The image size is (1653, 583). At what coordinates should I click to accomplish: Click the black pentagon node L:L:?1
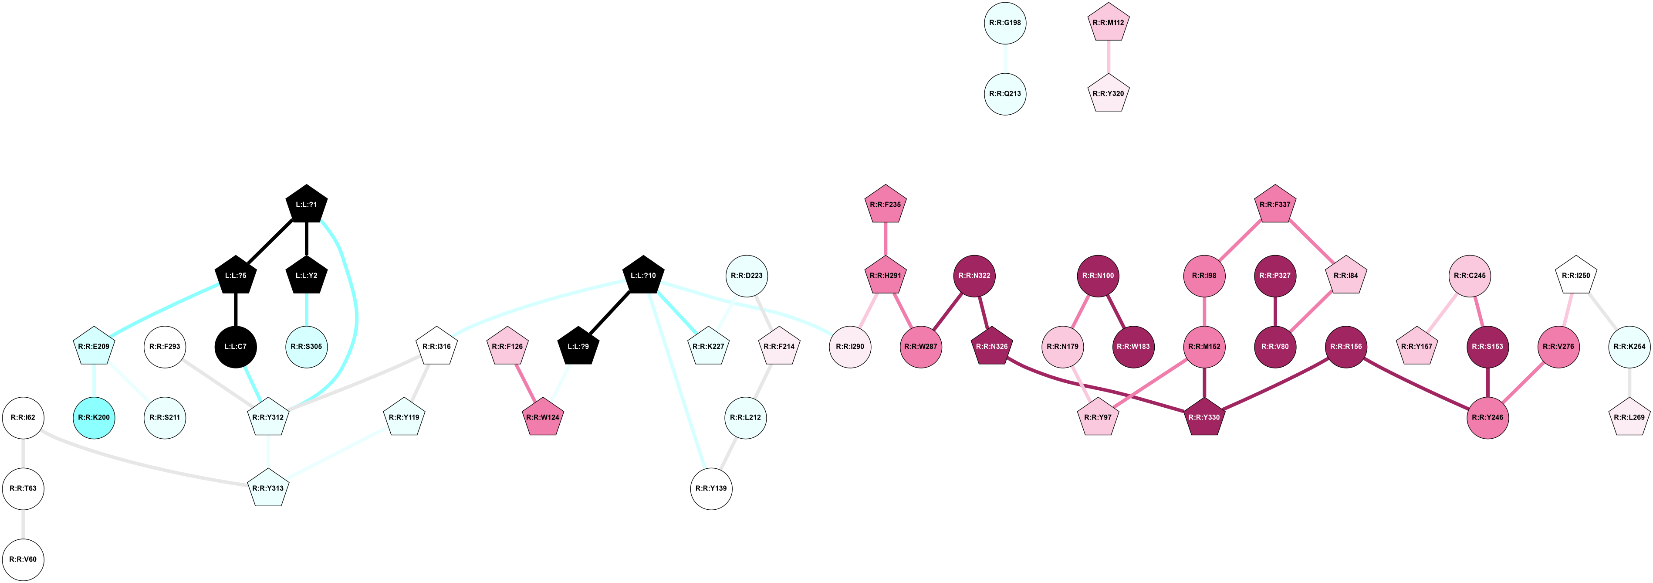[307, 205]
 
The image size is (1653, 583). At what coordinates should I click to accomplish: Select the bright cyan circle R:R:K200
[95, 417]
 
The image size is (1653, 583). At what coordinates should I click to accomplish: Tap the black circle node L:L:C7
[236, 347]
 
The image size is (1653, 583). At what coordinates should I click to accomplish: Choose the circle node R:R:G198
[1005, 23]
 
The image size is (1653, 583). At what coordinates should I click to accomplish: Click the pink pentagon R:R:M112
[1109, 23]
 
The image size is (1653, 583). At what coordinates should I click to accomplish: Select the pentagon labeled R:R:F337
[1275, 205]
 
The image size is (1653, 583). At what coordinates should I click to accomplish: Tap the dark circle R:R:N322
[974, 276]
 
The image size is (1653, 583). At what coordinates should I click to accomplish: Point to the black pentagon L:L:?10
[643, 276]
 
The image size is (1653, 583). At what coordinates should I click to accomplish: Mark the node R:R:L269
[1629, 417]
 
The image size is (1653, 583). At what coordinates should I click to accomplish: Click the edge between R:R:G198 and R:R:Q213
[1005, 58]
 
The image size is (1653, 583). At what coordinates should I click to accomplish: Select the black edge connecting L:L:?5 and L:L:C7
[236, 311]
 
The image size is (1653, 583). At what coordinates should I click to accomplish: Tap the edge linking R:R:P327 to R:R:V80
[1275, 311]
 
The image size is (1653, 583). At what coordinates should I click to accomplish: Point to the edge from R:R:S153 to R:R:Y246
[1487, 382]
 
